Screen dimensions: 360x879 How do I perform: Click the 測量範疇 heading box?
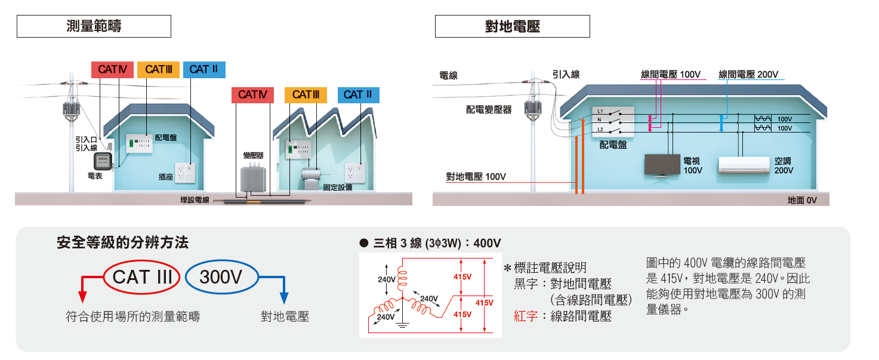(x=94, y=26)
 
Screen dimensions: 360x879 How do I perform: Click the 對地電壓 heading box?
(x=513, y=26)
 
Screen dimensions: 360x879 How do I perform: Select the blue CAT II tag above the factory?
(x=358, y=94)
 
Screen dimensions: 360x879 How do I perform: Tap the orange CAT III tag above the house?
(x=158, y=69)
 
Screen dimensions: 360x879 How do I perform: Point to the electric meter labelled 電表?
(x=102, y=161)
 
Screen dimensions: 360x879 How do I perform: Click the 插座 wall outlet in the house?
(x=186, y=172)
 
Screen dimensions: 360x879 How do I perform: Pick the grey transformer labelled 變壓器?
(x=253, y=178)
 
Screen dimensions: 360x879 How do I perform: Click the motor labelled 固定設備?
(x=311, y=176)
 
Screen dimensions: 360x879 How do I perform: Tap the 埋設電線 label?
(x=195, y=200)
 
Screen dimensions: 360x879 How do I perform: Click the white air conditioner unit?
(x=743, y=165)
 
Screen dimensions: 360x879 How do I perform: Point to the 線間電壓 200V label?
(x=748, y=75)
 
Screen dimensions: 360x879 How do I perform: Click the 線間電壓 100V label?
(x=670, y=75)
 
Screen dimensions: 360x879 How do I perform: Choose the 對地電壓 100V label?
(x=476, y=177)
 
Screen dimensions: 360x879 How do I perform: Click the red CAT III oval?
(x=142, y=277)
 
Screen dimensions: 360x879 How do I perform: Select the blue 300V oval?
(x=221, y=277)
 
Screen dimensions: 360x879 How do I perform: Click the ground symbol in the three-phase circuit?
(x=403, y=325)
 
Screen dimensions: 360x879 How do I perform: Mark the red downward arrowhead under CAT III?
(x=82, y=297)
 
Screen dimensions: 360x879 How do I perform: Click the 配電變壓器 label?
(x=489, y=110)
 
